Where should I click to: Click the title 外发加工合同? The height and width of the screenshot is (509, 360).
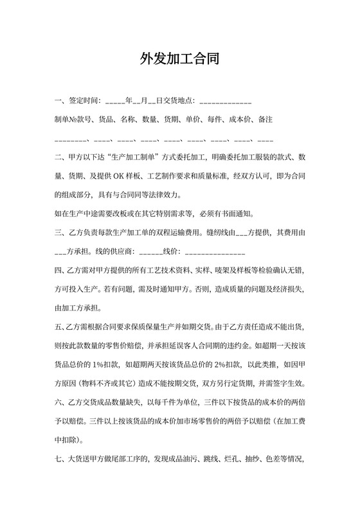pyautogui.click(x=180, y=60)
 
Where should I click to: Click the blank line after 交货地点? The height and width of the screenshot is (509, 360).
pyautogui.click(x=226, y=102)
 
